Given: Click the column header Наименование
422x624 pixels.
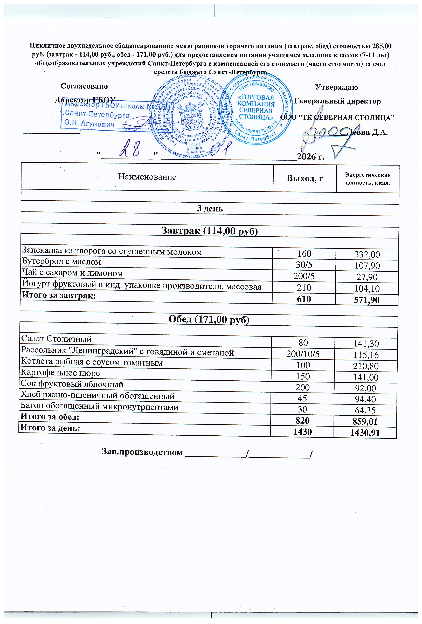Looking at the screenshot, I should click(147, 177).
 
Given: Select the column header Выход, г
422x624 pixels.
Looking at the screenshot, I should click(305, 178).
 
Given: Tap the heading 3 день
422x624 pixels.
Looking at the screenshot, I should click(210, 209).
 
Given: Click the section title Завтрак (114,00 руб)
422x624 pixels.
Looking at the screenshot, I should click(209, 231).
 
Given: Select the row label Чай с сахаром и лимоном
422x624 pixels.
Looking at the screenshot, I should click(72, 273).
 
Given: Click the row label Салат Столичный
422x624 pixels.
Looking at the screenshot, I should click(56, 339).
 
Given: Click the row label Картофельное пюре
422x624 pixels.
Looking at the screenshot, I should click(60, 373).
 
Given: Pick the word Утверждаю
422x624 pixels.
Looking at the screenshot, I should click(336, 87).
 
